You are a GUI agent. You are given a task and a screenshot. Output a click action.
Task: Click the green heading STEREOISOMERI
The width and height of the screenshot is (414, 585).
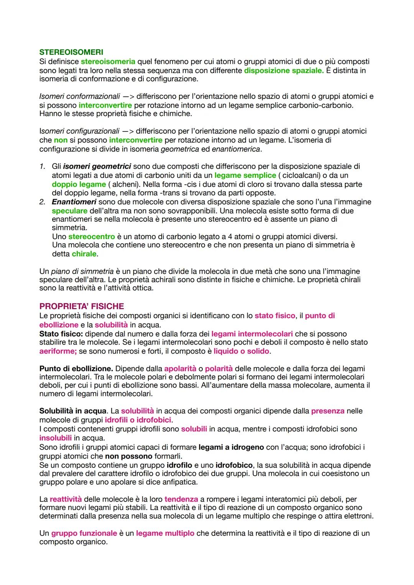point(71,52)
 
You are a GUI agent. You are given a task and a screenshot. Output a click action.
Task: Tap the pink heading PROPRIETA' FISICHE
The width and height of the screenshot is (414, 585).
point(82,306)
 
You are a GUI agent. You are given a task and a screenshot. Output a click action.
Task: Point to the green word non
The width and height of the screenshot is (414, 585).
point(61,140)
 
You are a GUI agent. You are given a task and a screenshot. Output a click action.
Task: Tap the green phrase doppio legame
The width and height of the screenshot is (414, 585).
point(79,184)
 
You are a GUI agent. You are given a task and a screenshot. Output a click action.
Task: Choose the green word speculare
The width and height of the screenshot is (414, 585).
point(69,211)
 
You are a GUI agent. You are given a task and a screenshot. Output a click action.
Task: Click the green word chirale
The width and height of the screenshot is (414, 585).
point(84,254)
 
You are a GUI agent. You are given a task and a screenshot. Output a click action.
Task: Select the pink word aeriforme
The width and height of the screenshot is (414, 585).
point(58,351)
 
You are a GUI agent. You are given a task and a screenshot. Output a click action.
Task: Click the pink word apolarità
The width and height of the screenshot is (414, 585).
point(179,369)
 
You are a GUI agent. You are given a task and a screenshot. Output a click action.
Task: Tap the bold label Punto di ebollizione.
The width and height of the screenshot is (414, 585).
point(76,369)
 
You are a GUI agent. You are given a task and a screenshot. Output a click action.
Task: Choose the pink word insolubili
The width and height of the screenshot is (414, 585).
point(55,438)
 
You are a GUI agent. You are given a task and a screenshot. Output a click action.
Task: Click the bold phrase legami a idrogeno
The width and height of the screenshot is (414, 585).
point(231,447)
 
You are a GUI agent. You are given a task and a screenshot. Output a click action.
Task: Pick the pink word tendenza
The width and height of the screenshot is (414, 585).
point(181,499)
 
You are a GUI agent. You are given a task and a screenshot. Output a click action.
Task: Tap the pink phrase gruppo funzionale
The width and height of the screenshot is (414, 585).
point(84,533)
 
